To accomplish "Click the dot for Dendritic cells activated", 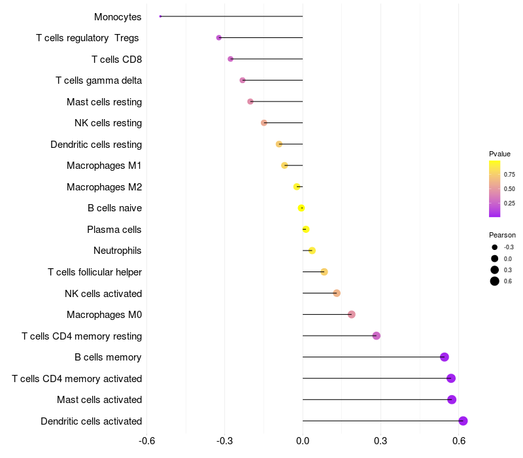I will point(463,421).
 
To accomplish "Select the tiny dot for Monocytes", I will point(160,16).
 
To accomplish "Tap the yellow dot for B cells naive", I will point(301,208).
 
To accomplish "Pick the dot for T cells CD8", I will point(230,59).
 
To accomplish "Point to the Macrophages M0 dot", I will point(352,315).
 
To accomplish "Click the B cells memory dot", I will point(445,357).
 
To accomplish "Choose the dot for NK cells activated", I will point(337,293).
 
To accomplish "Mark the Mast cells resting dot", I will point(250,101).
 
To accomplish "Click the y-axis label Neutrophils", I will point(118,251).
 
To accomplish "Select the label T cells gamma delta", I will point(99,80).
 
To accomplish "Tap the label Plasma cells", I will point(114,230).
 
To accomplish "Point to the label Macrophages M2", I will point(104,187).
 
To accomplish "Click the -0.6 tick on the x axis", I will point(147,441).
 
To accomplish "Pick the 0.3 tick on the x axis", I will point(380,441).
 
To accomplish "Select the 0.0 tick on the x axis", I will point(303,441).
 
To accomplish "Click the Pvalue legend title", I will point(499,154).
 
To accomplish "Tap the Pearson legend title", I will point(502,235).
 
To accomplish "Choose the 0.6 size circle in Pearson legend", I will point(495,281).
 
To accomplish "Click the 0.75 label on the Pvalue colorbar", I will point(509,175).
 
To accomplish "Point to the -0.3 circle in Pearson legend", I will point(495,247).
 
